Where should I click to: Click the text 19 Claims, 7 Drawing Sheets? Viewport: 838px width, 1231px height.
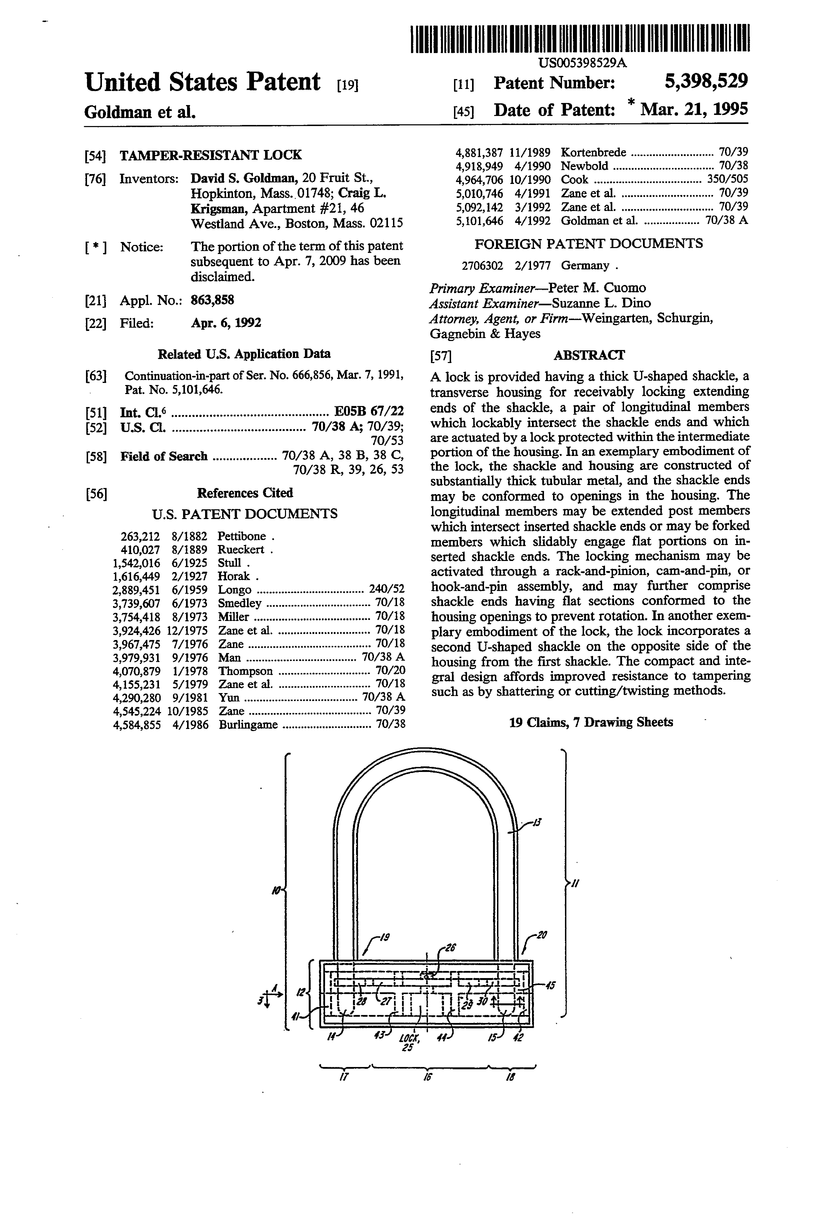click(591, 722)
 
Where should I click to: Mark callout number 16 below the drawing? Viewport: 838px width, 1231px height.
click(427, 1077)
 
